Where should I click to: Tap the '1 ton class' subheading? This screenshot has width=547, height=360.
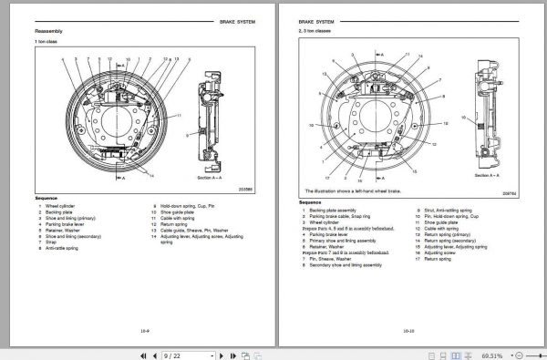coord(46,43)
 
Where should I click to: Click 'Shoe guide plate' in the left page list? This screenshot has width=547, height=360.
coord(178,211)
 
